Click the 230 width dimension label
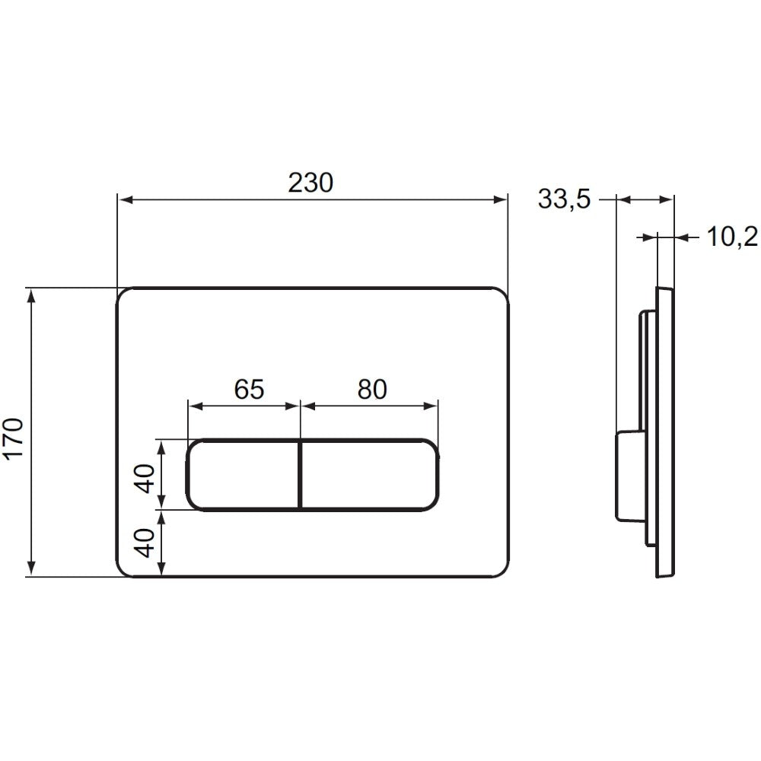click(x=310, y=183)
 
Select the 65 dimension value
click(x=249, y=389)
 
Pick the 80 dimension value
click(x=372, y=389)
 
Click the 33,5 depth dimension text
click(x=565, y=199)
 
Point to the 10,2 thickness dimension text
click(x=732, y=237)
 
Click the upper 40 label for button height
click(x=145, y=478)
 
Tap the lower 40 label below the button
click(x=145, y=543)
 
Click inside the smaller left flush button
click(x=243, y=475)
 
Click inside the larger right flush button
click(x=371, y=475)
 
